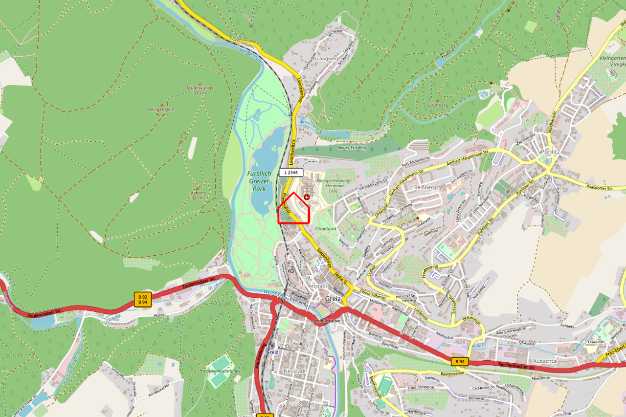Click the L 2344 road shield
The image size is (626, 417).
(x=291, y=173)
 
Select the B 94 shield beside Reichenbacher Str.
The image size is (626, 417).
(x=458, y=361)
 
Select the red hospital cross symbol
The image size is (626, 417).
(x=307, y=197)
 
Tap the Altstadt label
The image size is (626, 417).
(x=318, y=285)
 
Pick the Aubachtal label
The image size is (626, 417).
(x=544, y=347)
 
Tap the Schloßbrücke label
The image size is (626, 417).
(x=326, y=321)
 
